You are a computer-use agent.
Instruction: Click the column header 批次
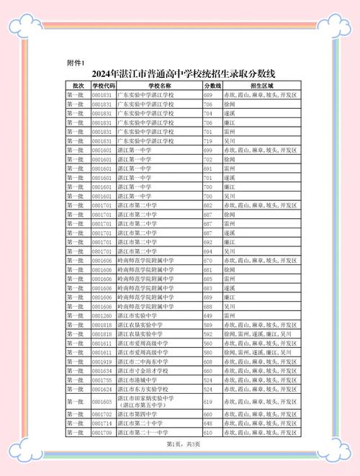[75, 86]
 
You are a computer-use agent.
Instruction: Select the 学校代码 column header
[102, 86]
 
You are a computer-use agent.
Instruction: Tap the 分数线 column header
[212, 86]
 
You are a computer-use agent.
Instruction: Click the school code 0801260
[102, 315]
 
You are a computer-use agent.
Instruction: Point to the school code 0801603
[102, 402]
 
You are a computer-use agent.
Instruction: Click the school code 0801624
[102, 389]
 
